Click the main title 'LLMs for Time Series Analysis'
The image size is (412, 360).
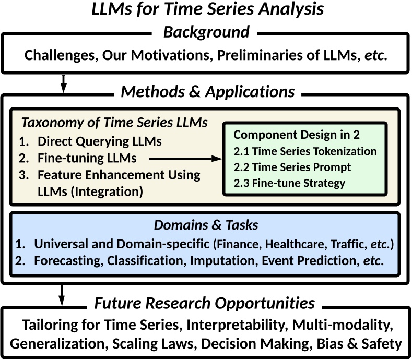point(206,10)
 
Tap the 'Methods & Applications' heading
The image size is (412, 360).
point(208,92)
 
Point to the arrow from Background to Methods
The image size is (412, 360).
point(63,82)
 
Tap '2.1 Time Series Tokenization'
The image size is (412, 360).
point(305,151)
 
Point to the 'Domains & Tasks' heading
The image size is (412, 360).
point(206,226)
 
